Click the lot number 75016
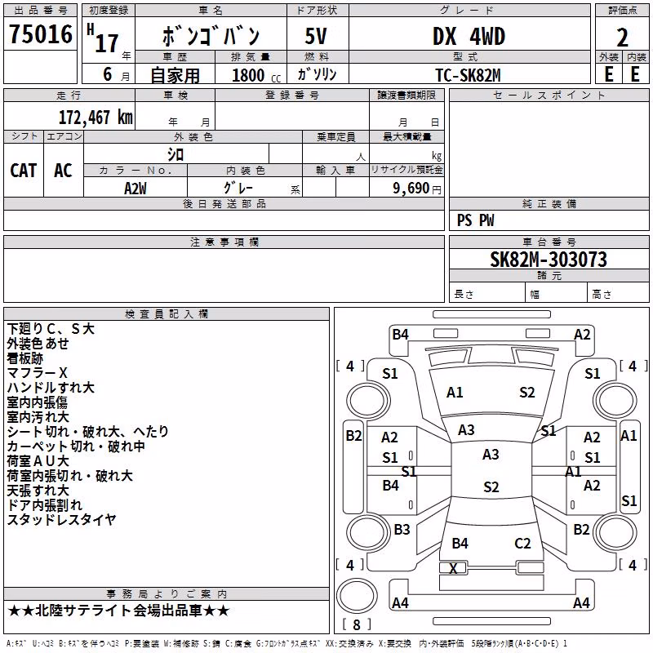41,34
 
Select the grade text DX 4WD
469,36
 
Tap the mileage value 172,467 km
96,118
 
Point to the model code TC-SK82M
468,75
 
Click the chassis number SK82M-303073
549,260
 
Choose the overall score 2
622,38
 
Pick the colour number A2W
135,189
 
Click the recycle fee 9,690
411,189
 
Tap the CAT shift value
24,171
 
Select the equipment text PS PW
476,220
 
